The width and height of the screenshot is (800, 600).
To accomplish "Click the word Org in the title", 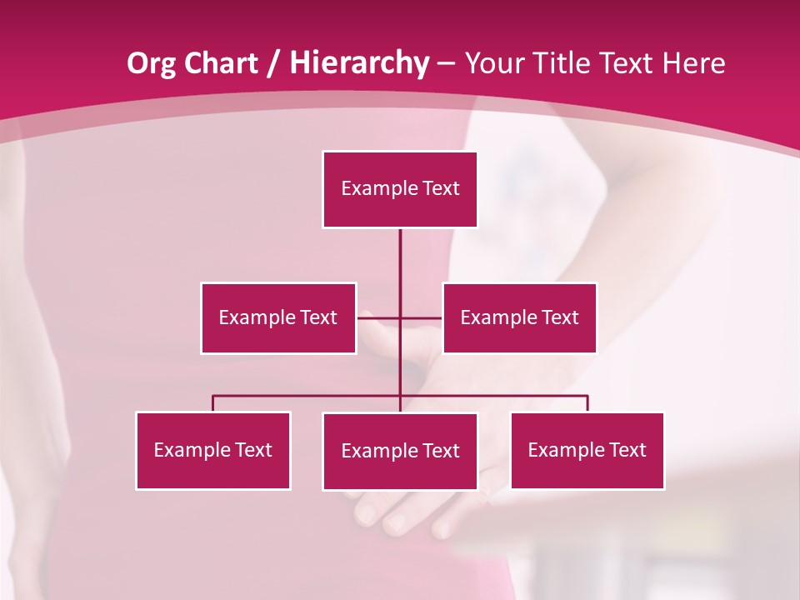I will click(x=151, y=63).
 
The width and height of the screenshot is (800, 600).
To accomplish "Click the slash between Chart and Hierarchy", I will click(x=272, y=64).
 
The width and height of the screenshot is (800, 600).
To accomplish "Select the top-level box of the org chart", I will click(x=400, y=189).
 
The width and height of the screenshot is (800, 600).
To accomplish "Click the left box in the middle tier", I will click(x=278, y=317).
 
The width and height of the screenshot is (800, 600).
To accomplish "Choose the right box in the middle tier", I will click(x=519, y=317).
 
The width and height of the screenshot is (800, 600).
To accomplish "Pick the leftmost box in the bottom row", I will click(x=213, y=450).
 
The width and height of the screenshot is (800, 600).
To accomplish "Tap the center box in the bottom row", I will click(x=400, y=451).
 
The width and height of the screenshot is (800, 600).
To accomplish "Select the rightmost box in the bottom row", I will click(x=587, y=450).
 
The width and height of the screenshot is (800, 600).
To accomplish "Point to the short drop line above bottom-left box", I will click(x=213, y=403).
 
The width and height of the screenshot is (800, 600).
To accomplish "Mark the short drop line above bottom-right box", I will click(x=587, y=403).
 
